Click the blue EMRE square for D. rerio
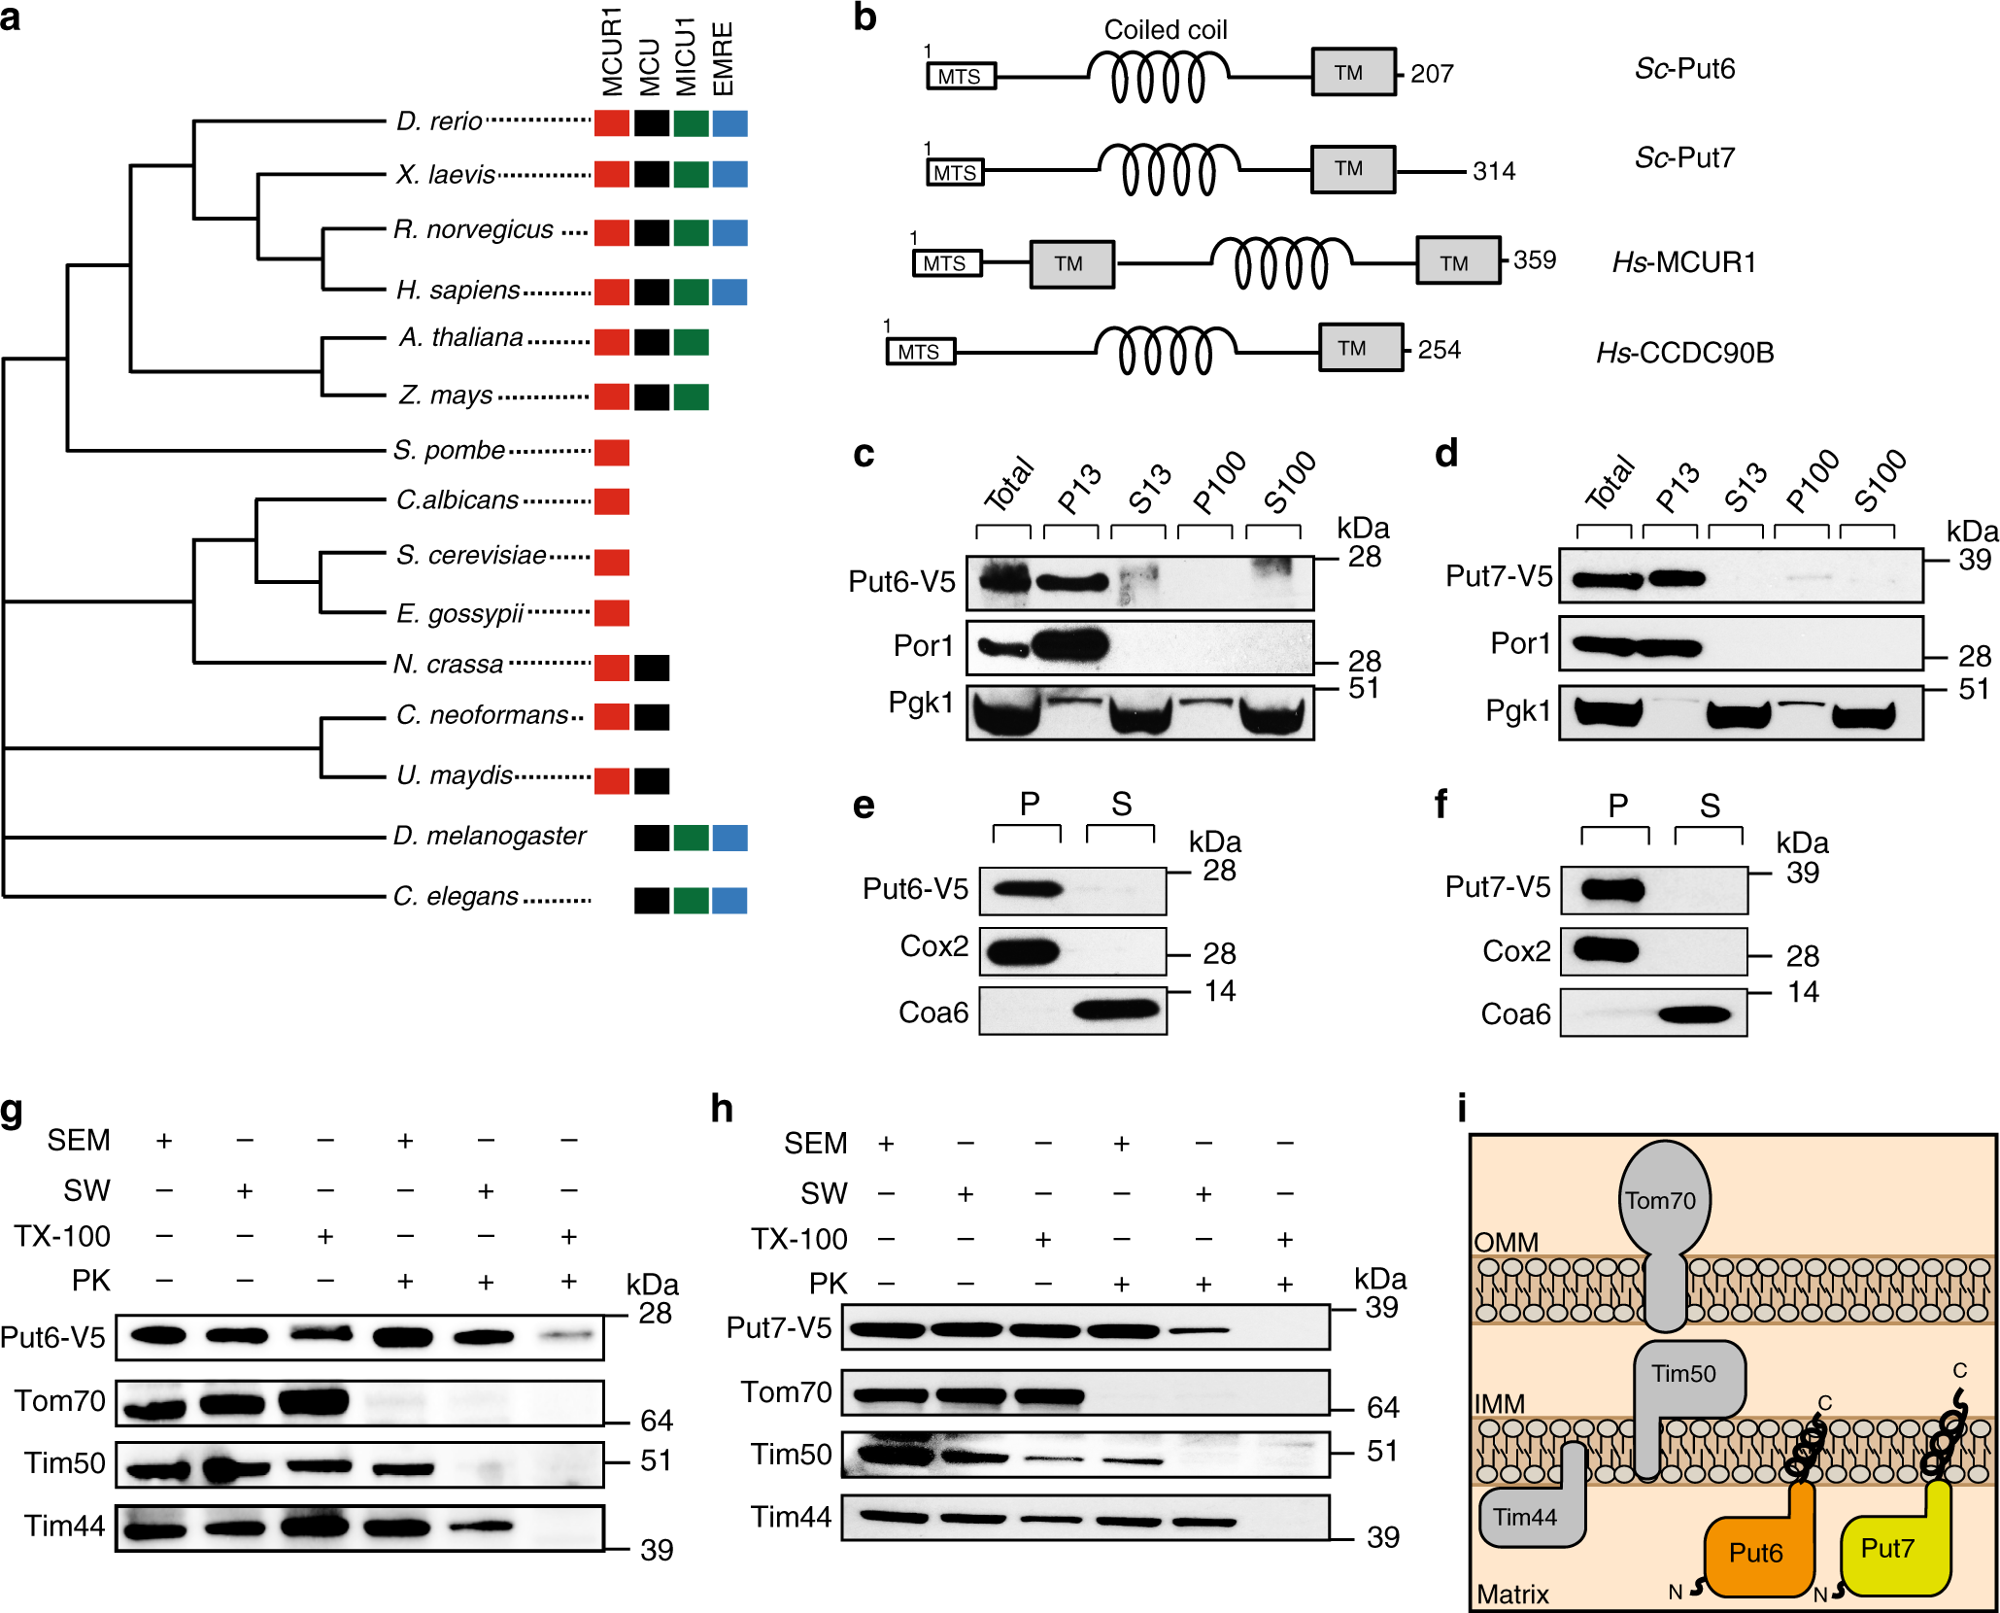[x=729, y=123]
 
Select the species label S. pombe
[x=449, y=451]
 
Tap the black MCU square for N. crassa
[x=652, y=668]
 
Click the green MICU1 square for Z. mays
[x=691, y=396]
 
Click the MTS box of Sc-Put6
[x=961, y=77]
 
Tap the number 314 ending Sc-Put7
[x=1494, y=172]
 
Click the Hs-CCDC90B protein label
[x=1684, y=353]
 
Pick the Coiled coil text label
[x=1166, y=30]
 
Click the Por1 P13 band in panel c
[x=1071, y=646]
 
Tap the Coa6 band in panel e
[x=1117, y=1011]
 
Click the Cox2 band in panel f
[x=1608, y=949]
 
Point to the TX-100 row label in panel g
[x=62, y=1236]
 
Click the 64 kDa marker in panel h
[x=1382, y=1407]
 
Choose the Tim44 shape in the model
[x=1526, y=1517]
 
